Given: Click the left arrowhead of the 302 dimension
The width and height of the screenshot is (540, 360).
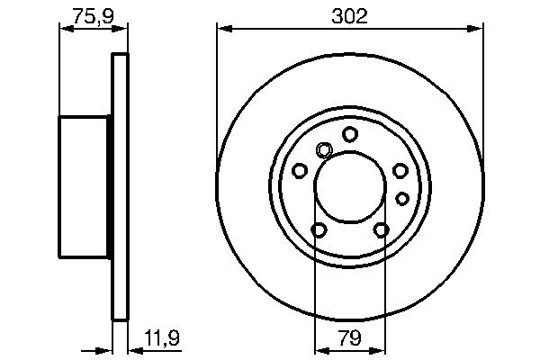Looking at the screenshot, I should pyautogui.click(x=221, y=29).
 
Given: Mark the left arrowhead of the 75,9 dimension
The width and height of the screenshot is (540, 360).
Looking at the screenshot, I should pyautogui.click(x=63, y=29).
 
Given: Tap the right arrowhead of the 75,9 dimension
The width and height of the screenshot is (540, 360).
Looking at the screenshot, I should pyautogui.click(x=123, y=29).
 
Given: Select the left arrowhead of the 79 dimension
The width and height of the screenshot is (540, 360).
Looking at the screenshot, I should pyautogui.click(x=319, y=349).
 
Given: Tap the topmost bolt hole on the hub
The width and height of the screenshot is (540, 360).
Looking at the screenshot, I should pyautogui.click(x=350, y=134).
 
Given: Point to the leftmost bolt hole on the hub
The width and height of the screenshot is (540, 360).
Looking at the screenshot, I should pyautogui.click(x=300, y=170).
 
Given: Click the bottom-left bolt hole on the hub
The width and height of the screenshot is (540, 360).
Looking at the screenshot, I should pyautogui.click(x=319, y=230).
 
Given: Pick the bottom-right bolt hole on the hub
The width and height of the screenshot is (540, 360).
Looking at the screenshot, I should pyautogui.click(x=382, y=230).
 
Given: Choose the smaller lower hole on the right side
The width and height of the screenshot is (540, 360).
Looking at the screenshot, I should pyautogui.click(x=402, y=197).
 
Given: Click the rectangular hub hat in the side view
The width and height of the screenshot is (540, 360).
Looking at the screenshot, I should pyautogui.click(x=85, y=185).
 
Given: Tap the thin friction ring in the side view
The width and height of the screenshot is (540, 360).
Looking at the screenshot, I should pyautogui.click(x=119, y=185).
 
